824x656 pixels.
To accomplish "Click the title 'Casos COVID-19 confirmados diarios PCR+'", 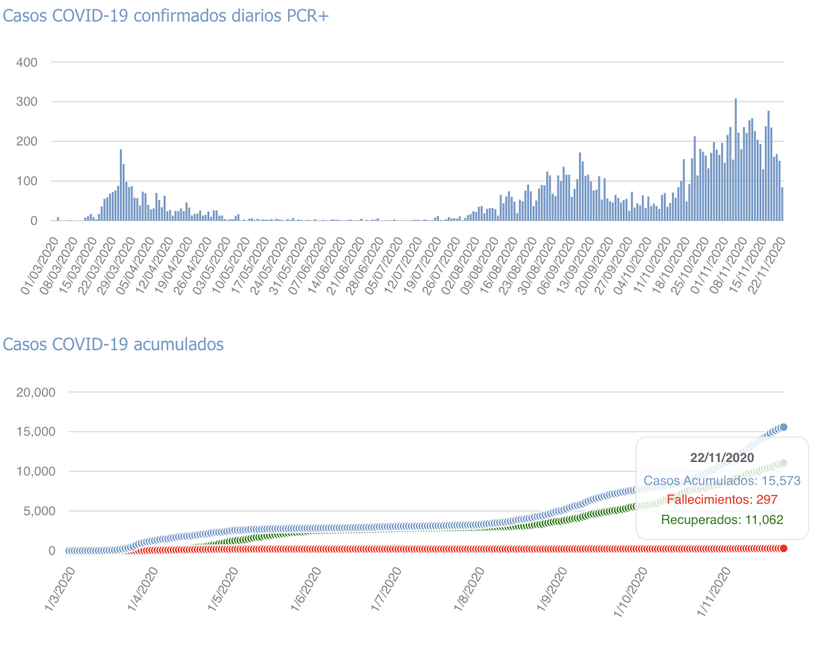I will pyautogui.click(x=166, y=17).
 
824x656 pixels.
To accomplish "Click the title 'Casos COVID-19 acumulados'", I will pyautogui.click(x=113, y=344).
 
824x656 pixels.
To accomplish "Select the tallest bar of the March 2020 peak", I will pyautogui.click(x=121, y=185).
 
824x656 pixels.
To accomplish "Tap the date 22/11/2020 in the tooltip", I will pyautogui.click(x=722, y=458).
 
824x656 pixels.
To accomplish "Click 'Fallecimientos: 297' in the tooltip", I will pyautogui.click(x=722, y=500).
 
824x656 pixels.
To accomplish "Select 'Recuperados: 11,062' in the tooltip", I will pyautogui.click(x=722, y=520).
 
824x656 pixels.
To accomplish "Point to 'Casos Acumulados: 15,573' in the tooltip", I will pyautogui.click(x=722, y=481).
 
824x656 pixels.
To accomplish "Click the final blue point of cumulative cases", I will pyautogui.click(x=783, y=427).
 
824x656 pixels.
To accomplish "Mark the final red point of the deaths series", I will pyautogui.click(x=783, y=548).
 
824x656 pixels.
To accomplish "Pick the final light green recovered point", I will pyautogui.click(x=783, y=463).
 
